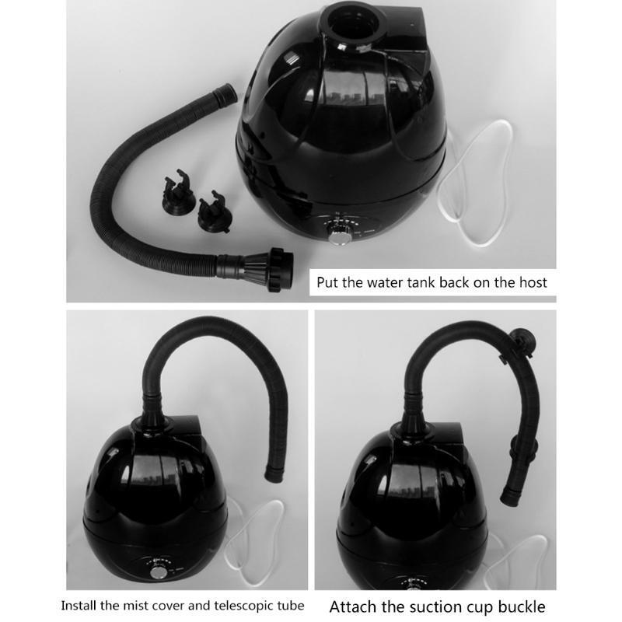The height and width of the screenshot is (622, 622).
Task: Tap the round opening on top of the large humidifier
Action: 353,21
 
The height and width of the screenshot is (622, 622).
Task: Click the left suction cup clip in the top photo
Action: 178,192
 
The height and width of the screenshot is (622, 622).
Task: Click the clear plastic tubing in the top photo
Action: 474,183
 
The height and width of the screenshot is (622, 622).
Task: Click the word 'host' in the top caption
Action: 533,282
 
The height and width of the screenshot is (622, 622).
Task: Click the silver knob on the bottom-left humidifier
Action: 159,573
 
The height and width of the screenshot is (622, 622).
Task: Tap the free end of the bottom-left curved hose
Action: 274,474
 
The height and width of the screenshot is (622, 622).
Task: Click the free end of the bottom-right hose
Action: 510,497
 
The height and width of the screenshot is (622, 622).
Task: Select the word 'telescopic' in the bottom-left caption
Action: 246,606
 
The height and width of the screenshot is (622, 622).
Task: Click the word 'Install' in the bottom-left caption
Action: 79,606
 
